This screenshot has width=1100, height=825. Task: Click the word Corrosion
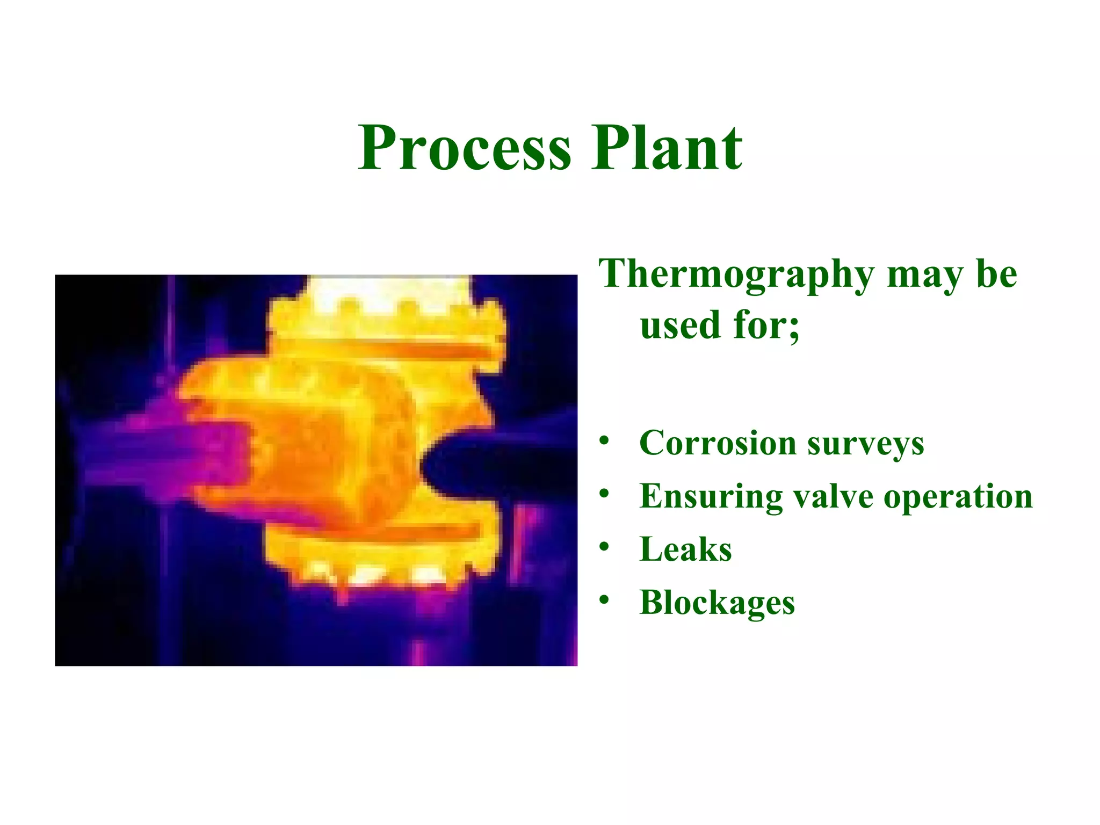pos(718,443)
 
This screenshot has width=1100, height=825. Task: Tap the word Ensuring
pos(712,497)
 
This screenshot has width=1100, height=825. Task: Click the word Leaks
pos(685,549)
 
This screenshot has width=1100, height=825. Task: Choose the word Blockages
pos(717,603)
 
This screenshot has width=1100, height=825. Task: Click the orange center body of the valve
pos(322,451)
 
